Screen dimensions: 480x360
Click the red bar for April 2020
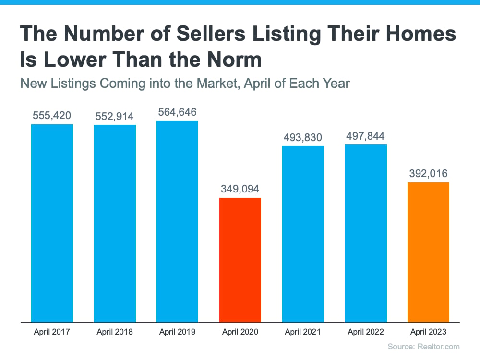click(x=240, y=260)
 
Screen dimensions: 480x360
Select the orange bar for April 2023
click(x=428, y=252)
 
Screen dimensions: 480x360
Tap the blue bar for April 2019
click(x=177, y=222)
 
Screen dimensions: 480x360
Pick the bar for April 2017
click(x=52, y=223)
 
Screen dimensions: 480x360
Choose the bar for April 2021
click(x=303, y=234)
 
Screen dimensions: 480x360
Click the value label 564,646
click(x=177, y=112)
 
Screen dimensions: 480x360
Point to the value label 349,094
click(x=240, y=189)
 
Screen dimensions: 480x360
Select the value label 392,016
click(x=428, y=174)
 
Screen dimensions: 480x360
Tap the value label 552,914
click(x=115, y=116)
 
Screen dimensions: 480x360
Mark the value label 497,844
click(x=365, y=136)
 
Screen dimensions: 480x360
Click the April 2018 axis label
click(x=115, y=332)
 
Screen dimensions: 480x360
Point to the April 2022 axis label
click(x=365, y=332)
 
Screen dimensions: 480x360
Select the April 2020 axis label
click(x=240, y=332)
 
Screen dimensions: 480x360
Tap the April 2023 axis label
click(x=428, y=332)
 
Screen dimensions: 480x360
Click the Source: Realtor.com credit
click(x=424, y=347)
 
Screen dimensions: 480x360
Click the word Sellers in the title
click(x=211, y=34)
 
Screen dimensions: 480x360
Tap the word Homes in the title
click(x=421, y=34)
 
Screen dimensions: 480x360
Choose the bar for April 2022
click(x=365, y=234)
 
